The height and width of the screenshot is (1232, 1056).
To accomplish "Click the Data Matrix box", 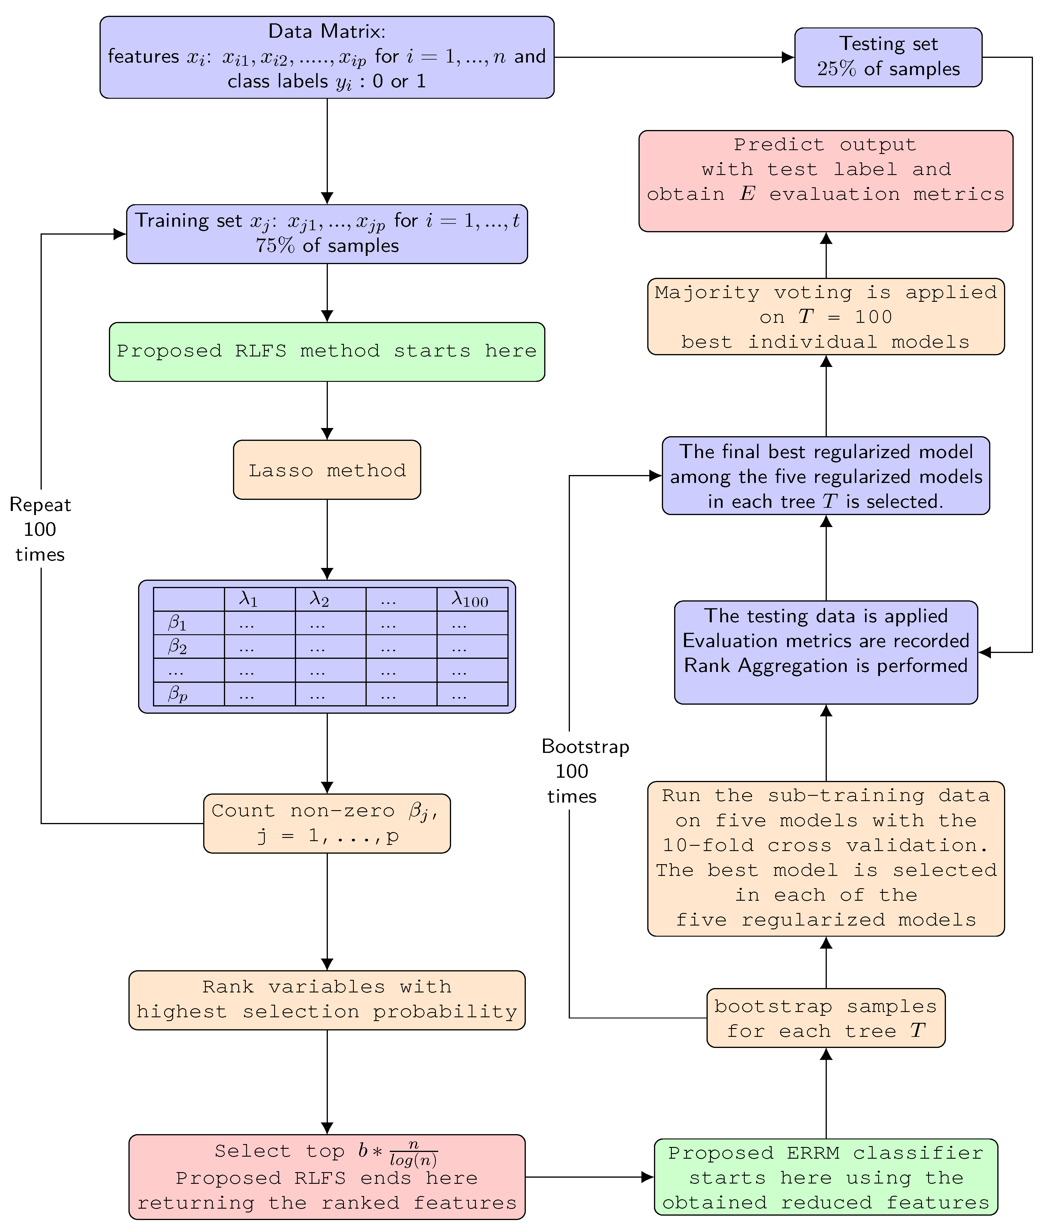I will pyautogui.click(x=327, y=57).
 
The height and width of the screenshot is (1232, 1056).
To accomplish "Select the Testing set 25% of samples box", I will pyautogui.click(x=888, y=57).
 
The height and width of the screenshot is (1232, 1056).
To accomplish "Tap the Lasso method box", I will pyautogui.click(x=327, y=470).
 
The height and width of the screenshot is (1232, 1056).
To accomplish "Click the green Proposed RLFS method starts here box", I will pyautogui.click(x=327, y=351).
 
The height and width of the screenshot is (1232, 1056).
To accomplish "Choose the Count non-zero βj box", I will pyautogui.click(x=327, y=824).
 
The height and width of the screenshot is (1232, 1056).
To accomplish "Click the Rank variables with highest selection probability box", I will pyautogui.click(x=327, y=999).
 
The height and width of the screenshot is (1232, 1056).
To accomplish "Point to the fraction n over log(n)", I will pyautogui.click(x=414, y=1153).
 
